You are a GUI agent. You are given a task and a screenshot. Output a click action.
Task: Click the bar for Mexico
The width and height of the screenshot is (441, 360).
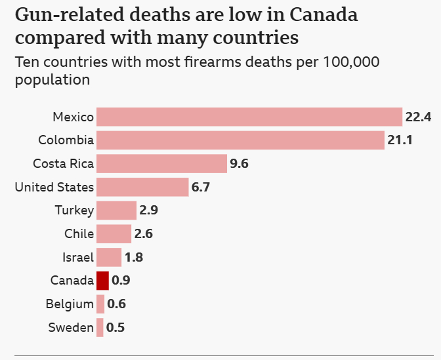point(249,117)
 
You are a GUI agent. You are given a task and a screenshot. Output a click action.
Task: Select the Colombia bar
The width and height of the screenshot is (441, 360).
point(240,140)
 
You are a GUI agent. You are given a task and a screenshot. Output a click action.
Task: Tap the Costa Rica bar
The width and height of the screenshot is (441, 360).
point(161,163)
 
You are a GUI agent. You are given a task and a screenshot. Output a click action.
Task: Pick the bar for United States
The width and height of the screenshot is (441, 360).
point(142,187)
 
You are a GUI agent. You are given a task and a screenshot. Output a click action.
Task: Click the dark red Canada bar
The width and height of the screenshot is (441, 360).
point(102,280)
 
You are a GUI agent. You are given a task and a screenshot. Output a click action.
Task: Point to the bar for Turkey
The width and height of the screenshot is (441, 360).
point(116,210)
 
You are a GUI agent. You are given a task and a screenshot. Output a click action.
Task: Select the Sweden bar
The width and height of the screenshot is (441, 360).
point(100,327)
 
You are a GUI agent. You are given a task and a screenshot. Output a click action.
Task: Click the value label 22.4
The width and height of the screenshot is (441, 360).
point(418,117)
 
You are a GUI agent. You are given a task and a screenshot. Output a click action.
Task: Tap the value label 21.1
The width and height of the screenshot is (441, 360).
point(400,140)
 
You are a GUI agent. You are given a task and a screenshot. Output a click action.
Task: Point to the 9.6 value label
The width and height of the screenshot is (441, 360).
point(239,164)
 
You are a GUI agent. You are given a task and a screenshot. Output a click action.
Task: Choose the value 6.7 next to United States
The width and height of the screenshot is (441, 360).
point(200,188)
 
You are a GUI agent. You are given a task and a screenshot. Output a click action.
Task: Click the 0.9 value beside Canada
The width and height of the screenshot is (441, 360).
point(121,281)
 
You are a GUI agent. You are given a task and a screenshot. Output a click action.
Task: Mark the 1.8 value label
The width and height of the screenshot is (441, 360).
point(134,257)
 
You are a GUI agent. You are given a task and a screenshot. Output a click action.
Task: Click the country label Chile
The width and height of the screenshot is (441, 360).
point(79,233)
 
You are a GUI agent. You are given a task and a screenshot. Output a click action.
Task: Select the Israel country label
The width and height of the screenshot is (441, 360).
point(78,257)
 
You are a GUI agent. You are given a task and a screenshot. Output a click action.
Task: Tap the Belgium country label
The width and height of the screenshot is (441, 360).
point(70,304)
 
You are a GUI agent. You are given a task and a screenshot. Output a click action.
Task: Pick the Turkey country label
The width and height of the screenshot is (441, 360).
point(75,210)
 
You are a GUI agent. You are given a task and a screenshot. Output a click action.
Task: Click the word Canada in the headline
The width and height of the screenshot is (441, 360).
point(325,15)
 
